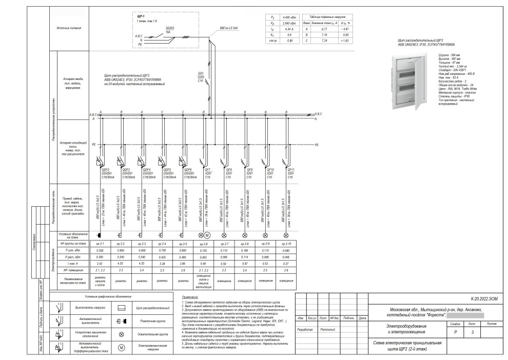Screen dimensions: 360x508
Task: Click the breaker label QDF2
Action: click(105, 169)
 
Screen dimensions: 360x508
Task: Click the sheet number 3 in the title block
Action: click(472, 332)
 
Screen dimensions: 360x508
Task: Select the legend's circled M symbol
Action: click(122, 348)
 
